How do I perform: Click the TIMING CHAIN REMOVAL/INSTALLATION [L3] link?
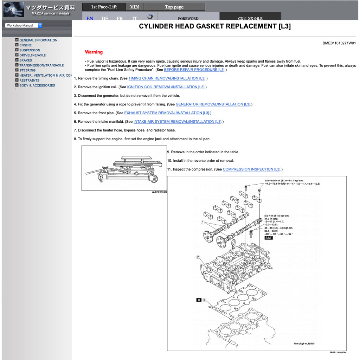tap(167, 78)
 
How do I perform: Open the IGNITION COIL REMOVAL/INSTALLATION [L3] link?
tap(166, 87)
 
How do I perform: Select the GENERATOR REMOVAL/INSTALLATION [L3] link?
tap(213, 104)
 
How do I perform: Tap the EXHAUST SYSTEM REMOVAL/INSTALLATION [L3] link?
tap(167, 113)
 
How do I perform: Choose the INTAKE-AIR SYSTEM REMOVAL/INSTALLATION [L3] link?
tap(178, 122)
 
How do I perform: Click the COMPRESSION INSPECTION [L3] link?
tap(252, 169)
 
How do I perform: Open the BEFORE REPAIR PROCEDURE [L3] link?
tap(194, 70)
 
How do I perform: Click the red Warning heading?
tap(94, 52)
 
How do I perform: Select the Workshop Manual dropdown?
tap(24, 25)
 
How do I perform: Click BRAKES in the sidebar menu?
tap(26, 60)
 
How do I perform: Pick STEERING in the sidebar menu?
tap(27, 70)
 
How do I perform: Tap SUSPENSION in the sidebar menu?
tap(30, 50)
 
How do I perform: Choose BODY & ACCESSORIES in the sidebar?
tap(37, 85)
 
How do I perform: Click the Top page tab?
tap(174, 7)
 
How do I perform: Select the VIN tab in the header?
tap(134, 7)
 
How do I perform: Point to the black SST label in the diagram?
tap(269, 238)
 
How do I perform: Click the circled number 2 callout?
tap(198, 257)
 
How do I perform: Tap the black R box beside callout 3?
tap(199, 300)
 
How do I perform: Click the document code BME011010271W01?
tap(339, 43)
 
